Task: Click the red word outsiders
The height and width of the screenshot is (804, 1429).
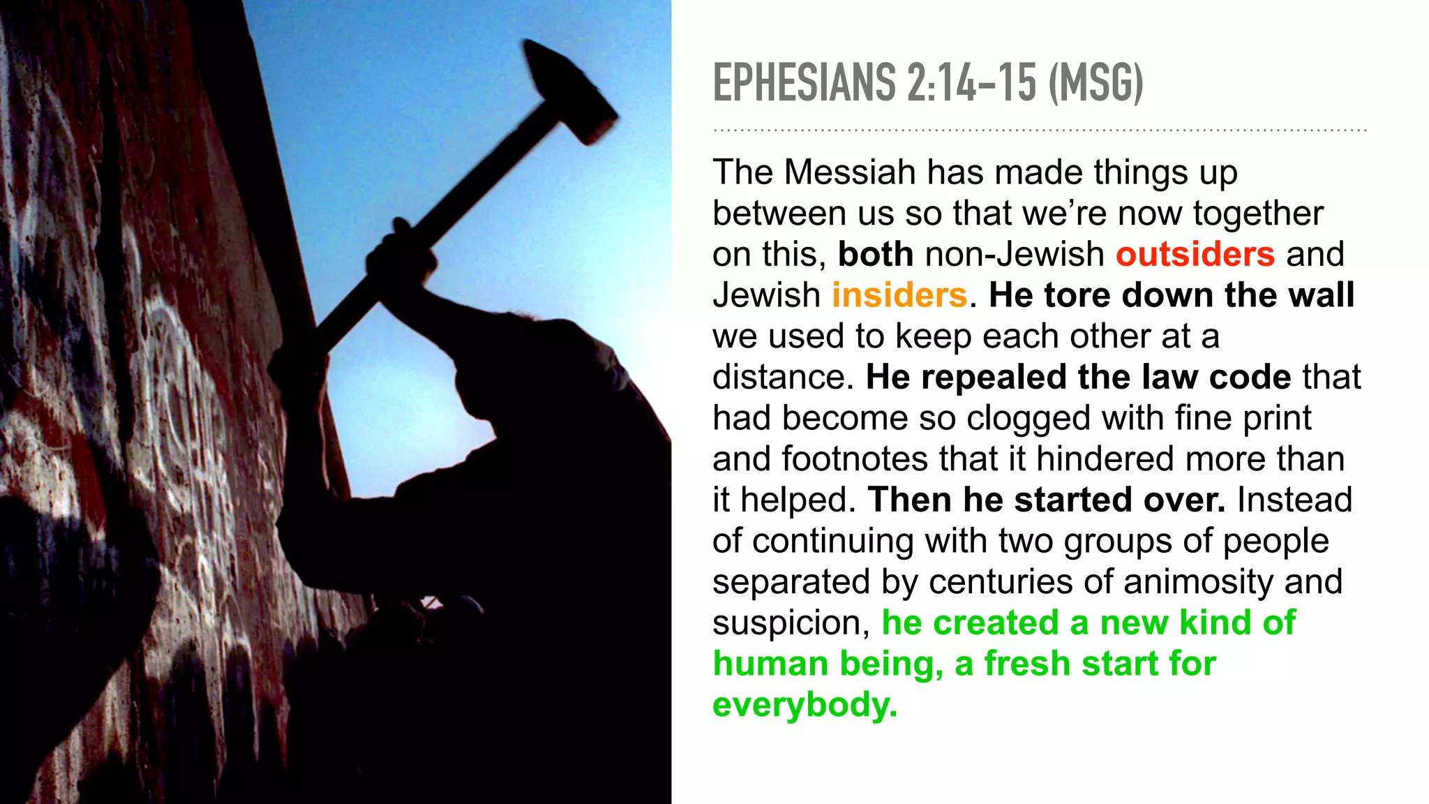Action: coord(1195,254)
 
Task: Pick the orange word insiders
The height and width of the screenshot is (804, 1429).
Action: coord(899,295)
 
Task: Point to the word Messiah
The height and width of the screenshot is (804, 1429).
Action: coord(850,172)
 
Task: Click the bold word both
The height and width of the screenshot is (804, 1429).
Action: coord(876,254)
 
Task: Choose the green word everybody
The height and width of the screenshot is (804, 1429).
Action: coord(804,705)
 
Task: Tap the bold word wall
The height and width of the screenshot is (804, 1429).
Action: coord(1321,295)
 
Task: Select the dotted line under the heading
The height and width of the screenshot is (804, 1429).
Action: coord(1040,131)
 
